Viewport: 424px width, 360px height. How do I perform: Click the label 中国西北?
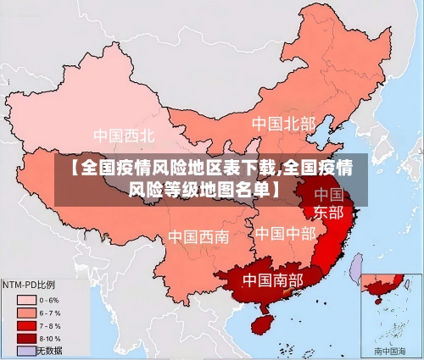pyautogui.click(x=124, y=136)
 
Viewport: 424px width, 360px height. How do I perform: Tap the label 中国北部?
pyautogui.click(x=283, y=124)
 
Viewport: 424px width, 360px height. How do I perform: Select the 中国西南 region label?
pyautogui.click(x=198, y=236)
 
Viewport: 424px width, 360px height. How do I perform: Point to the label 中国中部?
pyautogui.click(x=285, y=232)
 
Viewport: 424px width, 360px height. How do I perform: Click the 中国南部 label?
pyautogui.click(x=272, y=279)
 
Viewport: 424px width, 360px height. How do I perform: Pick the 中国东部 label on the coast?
pyautogui.click(x=328, y=202)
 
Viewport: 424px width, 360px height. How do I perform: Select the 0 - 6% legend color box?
pyautogui.click(x=25, y=299)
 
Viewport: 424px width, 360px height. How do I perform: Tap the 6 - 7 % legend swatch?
pyautogui.click(x=25, y=312)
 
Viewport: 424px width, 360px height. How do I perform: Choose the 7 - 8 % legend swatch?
pyautogui.click(x=25, y=324)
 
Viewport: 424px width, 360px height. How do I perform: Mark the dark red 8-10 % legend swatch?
pyautogui.click(x=25, y=337)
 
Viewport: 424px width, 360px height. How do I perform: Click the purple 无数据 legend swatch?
pyautogui.click(x=25, y=350)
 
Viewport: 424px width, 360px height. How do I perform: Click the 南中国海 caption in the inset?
pyautogui.click(x=390, y=350)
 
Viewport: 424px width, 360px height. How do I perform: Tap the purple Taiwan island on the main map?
pyautogui.click(x=356, y=269)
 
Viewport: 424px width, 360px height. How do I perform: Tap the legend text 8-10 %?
pyautogui.click(x=53, y=337)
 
